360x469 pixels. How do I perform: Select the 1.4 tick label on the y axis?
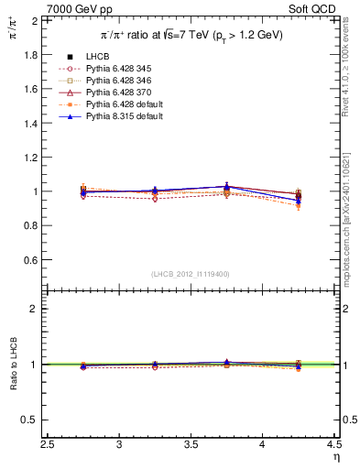click(32, 124)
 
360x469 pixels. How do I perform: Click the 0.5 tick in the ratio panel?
click(32, 420)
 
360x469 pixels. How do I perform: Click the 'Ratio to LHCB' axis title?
click(12, 365)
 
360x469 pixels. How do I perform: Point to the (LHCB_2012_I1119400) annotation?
click(191, 274)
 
